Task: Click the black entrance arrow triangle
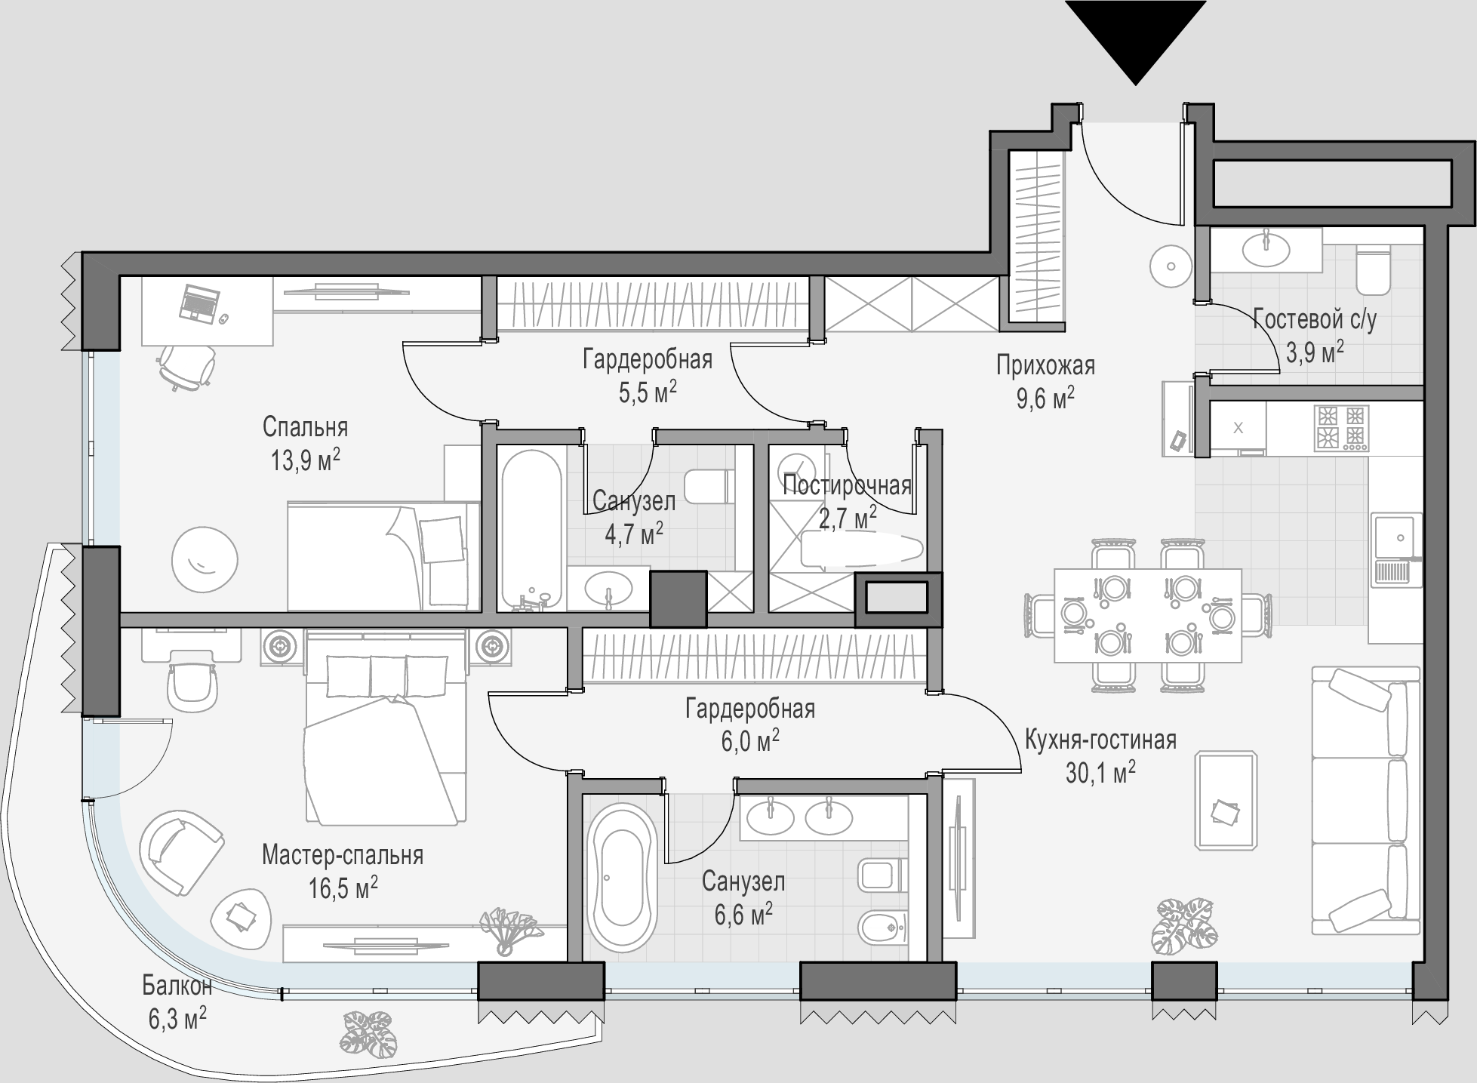1135,38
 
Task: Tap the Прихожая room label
1045,366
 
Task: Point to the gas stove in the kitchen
1341,428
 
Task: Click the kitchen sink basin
1396,537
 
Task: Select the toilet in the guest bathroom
1374,269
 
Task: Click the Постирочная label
847,485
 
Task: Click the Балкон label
177,986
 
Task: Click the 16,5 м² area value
343,888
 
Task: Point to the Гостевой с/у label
1315,319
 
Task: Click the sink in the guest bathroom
1266,248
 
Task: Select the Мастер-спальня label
343,855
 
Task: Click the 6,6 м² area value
743,915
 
